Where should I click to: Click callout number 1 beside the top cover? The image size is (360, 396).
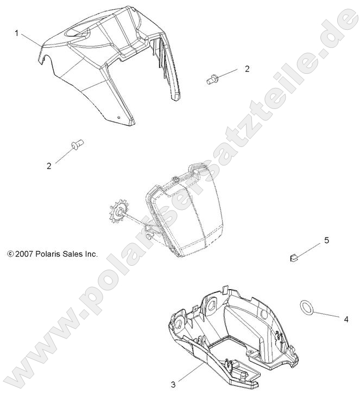[x=17, y=34]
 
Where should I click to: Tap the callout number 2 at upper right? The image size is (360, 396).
[x=247, y=69]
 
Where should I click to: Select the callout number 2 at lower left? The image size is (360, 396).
[x=49, y=166]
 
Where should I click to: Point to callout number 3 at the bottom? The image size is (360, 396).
[x=173, y=385]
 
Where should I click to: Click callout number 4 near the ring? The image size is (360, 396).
[x=345, y=320]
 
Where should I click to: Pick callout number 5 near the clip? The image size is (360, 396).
[x=326, y=240]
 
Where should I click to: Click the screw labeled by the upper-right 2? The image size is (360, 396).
[x=211, y=79]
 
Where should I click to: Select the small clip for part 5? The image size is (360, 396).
[x=293, y=257]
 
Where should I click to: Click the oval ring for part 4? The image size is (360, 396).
[x=306, y=308]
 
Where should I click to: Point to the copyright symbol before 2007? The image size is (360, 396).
[x=9, y=253]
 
